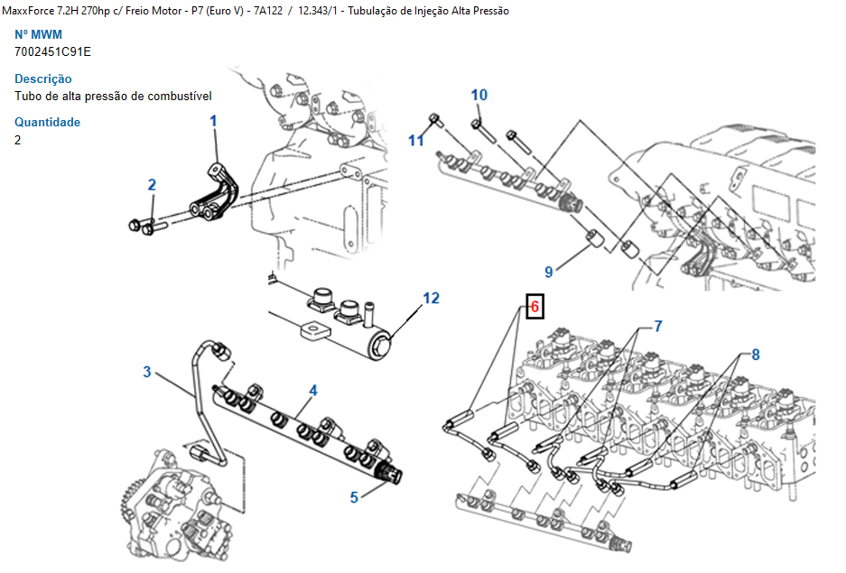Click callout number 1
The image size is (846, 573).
214,120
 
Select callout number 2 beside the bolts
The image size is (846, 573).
152,185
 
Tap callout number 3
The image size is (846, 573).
147,372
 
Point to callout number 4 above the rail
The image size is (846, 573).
313,391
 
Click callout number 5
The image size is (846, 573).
355,496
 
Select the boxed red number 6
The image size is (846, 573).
535,307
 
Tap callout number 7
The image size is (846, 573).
658,325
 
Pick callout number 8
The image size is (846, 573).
755,355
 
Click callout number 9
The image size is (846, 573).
548,271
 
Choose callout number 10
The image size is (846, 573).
479,95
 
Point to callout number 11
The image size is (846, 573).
415,140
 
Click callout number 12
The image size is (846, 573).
432,298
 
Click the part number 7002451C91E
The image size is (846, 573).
52,51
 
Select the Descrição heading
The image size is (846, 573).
42,79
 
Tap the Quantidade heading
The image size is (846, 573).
47,122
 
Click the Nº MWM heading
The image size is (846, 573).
38,34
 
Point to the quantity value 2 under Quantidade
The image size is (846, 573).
18,140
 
